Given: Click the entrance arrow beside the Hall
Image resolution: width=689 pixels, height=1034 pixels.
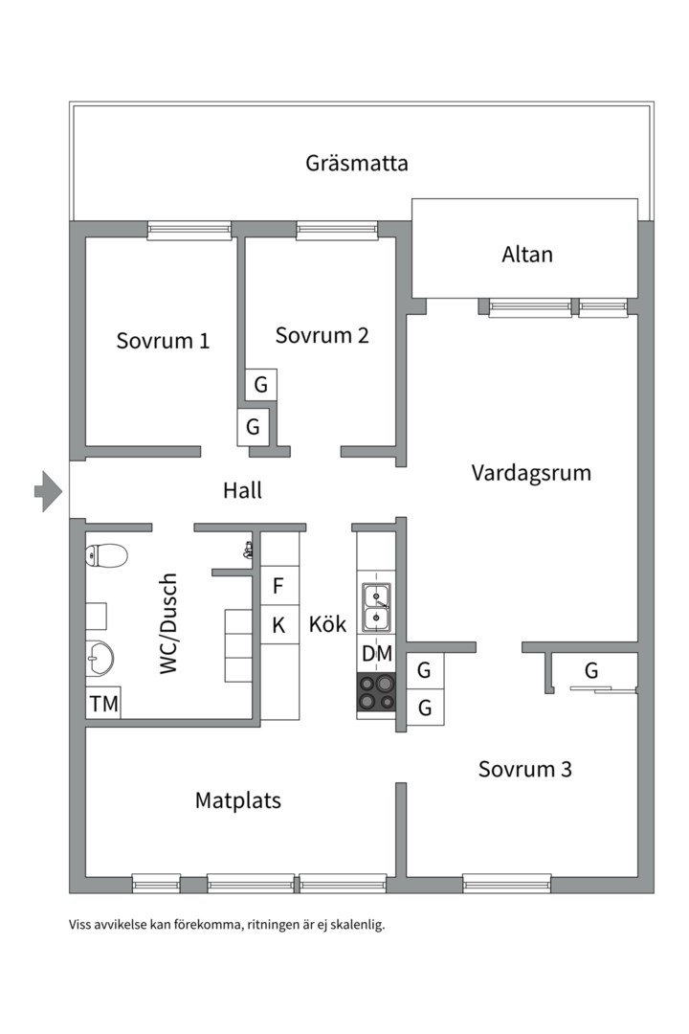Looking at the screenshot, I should point(48,492).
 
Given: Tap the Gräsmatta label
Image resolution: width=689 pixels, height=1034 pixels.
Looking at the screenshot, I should point(356,163).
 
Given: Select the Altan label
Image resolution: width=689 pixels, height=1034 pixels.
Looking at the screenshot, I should point(526,255).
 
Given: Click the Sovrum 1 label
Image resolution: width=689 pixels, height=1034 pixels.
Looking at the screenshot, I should point(163,341).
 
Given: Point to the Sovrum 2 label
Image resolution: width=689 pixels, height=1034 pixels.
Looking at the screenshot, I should point(322,336).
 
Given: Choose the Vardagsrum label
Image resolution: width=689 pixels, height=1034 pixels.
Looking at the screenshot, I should point(531,473).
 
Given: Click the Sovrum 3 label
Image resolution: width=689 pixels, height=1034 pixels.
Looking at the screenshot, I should point(525,769).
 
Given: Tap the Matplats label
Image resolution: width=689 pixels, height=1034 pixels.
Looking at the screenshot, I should point(238,800).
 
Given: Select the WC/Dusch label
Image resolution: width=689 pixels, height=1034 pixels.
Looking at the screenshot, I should point(169,624).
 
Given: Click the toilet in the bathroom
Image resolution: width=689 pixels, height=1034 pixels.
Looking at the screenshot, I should point(105,555).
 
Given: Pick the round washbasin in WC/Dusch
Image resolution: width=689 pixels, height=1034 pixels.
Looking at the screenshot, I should point(99,658).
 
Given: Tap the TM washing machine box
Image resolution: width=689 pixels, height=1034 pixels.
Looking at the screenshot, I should point(103,704).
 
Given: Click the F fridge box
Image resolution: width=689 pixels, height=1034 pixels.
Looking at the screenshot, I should point(279,586).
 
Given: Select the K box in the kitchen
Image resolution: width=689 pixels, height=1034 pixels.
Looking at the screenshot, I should point(279,626).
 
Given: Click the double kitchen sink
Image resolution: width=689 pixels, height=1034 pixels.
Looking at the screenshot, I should point(376,608).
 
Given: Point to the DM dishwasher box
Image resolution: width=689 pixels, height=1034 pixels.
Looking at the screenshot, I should point(376,655).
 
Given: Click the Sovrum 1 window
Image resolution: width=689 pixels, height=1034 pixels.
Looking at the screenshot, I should point(189,230).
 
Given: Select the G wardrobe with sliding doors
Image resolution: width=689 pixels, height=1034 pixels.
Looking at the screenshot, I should point(591,671).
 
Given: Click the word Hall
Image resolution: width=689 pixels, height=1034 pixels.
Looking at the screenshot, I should point(242,491).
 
